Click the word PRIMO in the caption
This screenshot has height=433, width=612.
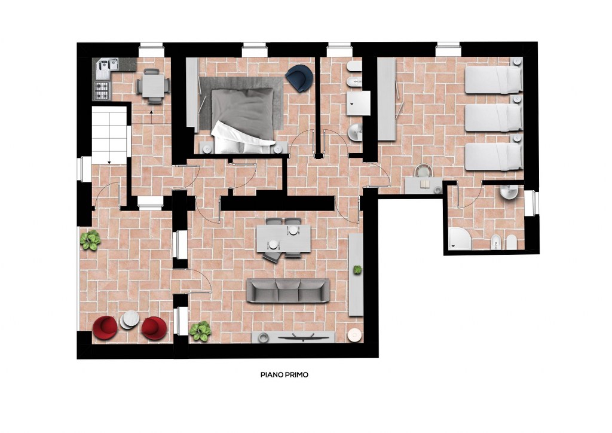[x=296, y=375]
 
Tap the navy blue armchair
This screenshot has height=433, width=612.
[x=299, y=78]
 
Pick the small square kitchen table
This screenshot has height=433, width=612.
[x=153, y=86]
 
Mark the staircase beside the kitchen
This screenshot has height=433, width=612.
[x=109, y=136]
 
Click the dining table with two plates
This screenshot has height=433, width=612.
[x=283, y=238]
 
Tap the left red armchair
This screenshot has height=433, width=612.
[x=105, y=328]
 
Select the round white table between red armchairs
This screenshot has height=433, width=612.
[x=130, y=320]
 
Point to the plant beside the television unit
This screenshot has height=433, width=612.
[x=200, y=331]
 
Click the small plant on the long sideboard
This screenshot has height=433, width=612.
[x=357, y=270]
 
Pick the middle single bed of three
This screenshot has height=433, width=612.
[x=494, y=118]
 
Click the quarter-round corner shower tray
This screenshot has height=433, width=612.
[x=460, y=239]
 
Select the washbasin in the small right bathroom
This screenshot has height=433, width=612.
[x=509, y=192]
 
